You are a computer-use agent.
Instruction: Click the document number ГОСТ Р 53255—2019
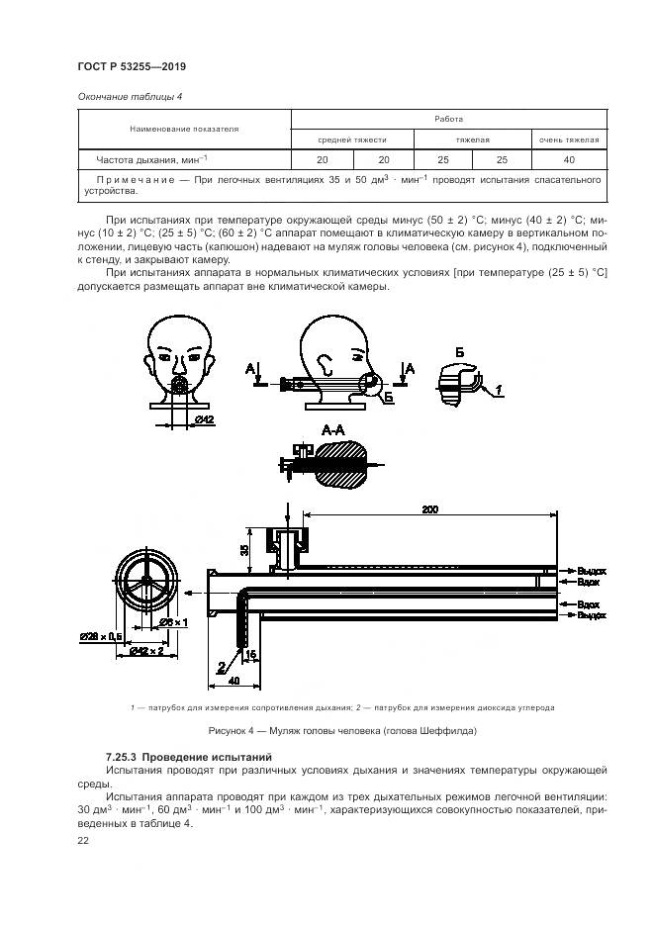click(x=131, y=66)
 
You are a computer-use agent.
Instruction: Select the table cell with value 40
click(x=568, y=159)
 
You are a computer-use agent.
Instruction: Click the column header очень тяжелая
click(x=568, y=139)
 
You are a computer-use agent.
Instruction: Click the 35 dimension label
click(x=243, y=549)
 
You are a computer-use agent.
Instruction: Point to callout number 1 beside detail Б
click(x=500, y=391)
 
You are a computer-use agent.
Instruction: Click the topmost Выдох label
click(x=591, y=571)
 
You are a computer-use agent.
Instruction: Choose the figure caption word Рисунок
click(x=229, y=732)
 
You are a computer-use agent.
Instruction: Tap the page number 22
click(x=82, y=839)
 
